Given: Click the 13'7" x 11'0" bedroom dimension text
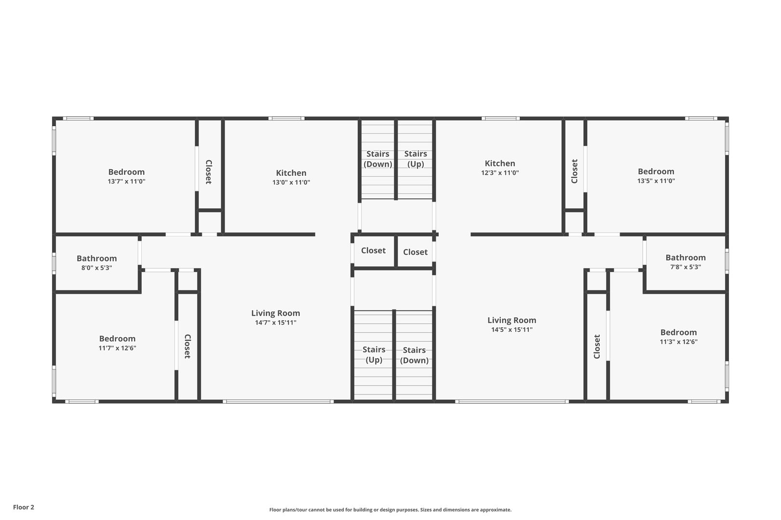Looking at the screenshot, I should point(126,182).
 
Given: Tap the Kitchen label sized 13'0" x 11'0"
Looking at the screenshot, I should point(291,173).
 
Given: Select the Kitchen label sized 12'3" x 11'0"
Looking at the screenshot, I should point(499,163).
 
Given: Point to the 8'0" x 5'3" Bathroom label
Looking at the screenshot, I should point(96,259).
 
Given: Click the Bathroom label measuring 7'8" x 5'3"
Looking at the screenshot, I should point(685,258).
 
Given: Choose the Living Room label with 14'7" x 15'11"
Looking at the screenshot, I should point(275,313).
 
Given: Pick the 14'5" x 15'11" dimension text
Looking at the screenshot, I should point(512,330).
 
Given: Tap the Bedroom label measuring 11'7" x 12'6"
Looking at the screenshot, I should point(117,338).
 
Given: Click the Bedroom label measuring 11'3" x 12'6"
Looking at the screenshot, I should point(678,332).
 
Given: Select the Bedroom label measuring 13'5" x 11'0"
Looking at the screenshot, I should point(656,171).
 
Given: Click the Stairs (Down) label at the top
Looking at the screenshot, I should point(377,159).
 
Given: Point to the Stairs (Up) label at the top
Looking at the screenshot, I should point(416,159).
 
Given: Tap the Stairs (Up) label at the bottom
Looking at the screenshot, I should point(374,355).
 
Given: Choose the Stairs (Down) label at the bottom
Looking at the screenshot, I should point(414,355).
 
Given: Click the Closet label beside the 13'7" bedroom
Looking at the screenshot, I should point(208,172).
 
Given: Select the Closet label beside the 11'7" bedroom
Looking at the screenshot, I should point(187,346).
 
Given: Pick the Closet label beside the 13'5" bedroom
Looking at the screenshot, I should point(574,171).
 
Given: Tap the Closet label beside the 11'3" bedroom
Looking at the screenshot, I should point(597,346).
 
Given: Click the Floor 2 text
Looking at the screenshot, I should point(24,507).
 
